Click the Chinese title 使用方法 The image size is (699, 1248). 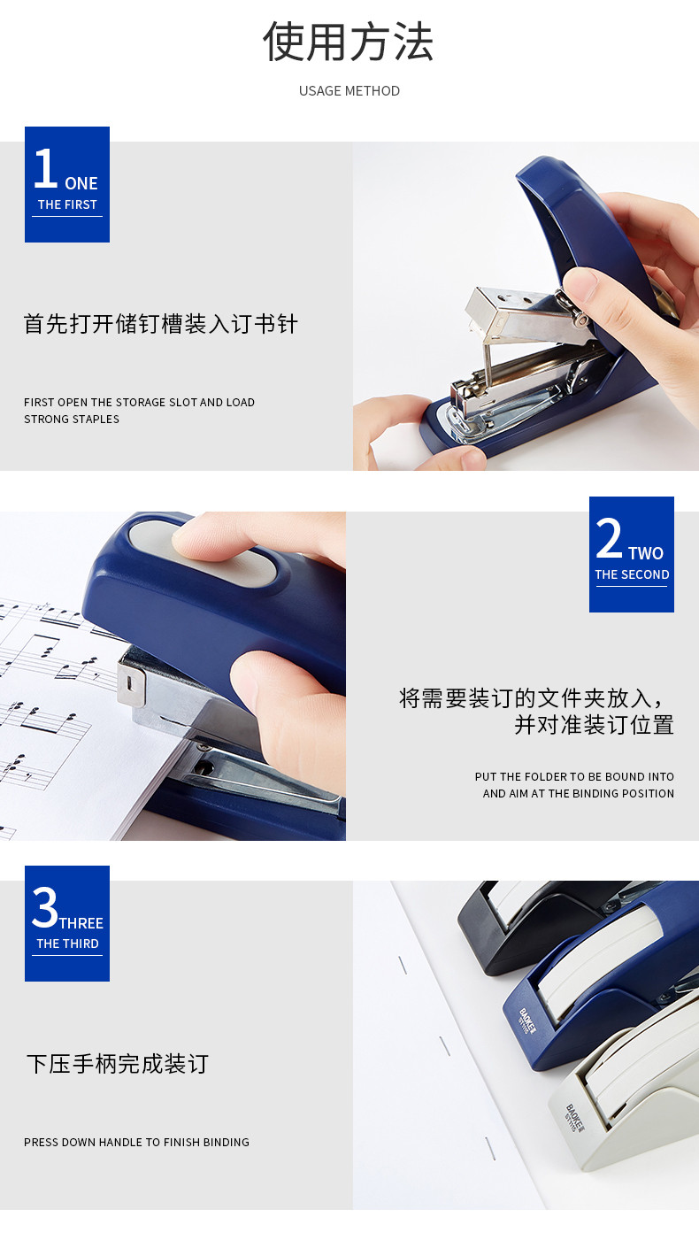pyautogui.click(x=348, y=42)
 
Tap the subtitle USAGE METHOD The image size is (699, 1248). pyautogui.click(x=349, y=91)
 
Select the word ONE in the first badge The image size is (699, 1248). pyautogui.click(x=81, y=183)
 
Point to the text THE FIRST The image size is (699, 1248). pyautogui.click(x=67, y=204)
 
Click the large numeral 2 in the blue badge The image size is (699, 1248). pyautogui.click(x=609, y=537)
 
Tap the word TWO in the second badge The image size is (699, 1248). pyautogui.click(x=646, y=553)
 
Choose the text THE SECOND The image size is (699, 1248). pyautogui.click(x=632, y=574)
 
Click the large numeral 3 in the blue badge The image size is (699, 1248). pyautogui.click(x=45, y=907)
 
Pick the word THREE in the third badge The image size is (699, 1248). pyautogui.click(x=81, y=923)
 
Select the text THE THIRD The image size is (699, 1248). pyautogui.click(x=67, y=944)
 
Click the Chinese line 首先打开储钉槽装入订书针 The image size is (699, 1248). pyautogui.click(x=160, y=324)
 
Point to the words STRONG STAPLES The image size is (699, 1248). pyautogui.click(x=72, y=419)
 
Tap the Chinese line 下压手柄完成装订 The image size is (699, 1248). pyautogui.click(x=118, y=1064)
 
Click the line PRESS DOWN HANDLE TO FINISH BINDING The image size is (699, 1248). pyautogui.click(x=136, y=1142)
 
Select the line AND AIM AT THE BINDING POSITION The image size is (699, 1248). pyautogui.click(x=578, y=793)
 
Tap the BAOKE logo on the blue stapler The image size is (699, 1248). pyautogui.click(x=526, y=1021)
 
